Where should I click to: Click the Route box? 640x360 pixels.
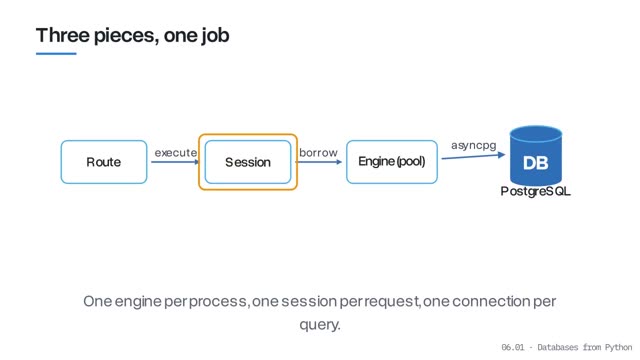pos(104,162)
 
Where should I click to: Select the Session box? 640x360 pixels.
pos(248,162)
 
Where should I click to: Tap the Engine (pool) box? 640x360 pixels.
pos(392,162)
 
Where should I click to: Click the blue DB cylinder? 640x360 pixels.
pos(536,156)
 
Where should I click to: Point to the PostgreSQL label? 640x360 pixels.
pos(536,191)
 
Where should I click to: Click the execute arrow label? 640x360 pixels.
pos(176,153)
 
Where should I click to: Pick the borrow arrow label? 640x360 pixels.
pos(318,153)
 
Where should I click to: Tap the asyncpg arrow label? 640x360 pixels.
pos(473,145)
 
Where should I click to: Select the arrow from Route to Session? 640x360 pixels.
pos(176,162)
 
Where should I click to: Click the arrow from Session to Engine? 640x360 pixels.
pos(319,162)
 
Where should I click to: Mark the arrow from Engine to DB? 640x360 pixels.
pos(473,156)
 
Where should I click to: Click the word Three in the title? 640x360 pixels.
pos(62,35)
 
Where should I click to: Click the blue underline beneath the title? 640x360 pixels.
pos(56,53)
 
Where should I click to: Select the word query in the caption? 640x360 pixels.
pos(320,325)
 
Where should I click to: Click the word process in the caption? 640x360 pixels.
pos(218,302)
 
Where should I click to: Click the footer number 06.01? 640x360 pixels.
pos(513,347)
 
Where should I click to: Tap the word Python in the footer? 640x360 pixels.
pos(618,347)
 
